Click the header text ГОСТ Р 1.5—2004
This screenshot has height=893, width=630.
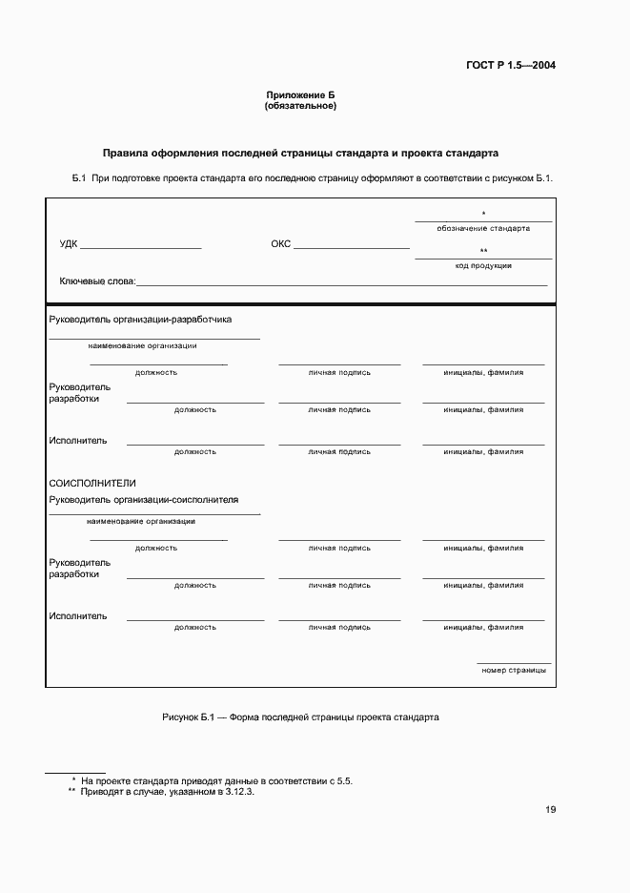(x=510, y=66)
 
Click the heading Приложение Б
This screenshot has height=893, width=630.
(x=300, y=95)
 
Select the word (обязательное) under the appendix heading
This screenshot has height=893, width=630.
(x=300, y=106)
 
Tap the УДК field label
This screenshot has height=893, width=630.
(x=69, y=244)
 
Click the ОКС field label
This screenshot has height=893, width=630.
(x=280, y=244)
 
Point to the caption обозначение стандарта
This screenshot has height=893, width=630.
(x=483, y=228)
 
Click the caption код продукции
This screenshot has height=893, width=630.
(x=483, y=265)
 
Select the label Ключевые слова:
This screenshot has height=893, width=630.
(x=97, y=281)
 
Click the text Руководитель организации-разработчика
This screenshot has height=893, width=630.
(x=140, y=320)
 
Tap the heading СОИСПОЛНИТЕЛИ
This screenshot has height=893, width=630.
(x=92, y=484)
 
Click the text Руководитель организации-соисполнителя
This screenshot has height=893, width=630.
(x=144, y=499)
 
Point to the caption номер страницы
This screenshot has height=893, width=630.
(x=514, y=670)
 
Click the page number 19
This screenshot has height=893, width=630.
(x=551, y=810)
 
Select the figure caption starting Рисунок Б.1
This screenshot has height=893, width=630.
(x=300, y=716)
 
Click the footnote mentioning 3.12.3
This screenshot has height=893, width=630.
(x=160, y=792)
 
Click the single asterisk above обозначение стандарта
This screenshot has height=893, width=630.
(x=483, y=214)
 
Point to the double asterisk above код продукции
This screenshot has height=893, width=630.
(x=483, y=251)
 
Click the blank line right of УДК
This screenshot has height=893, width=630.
(x=141, y=246)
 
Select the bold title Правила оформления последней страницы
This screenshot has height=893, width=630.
(x=300, y=153)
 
